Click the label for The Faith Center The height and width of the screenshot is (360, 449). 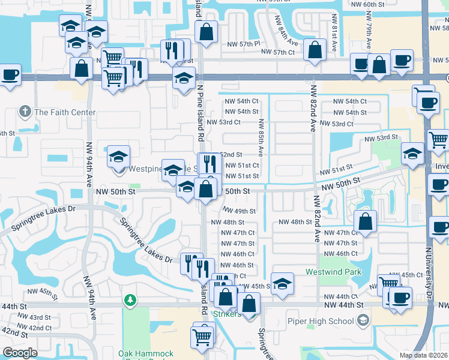click(65, 112)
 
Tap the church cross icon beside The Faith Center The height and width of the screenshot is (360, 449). click(25, 112)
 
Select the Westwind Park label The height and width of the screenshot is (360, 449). click(333, 272)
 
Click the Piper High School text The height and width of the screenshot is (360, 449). click(325, 321)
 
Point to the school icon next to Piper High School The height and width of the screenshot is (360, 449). click(363, 321)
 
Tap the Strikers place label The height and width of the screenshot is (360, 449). click(227, 314)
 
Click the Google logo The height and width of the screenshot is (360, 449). click(20, 353)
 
